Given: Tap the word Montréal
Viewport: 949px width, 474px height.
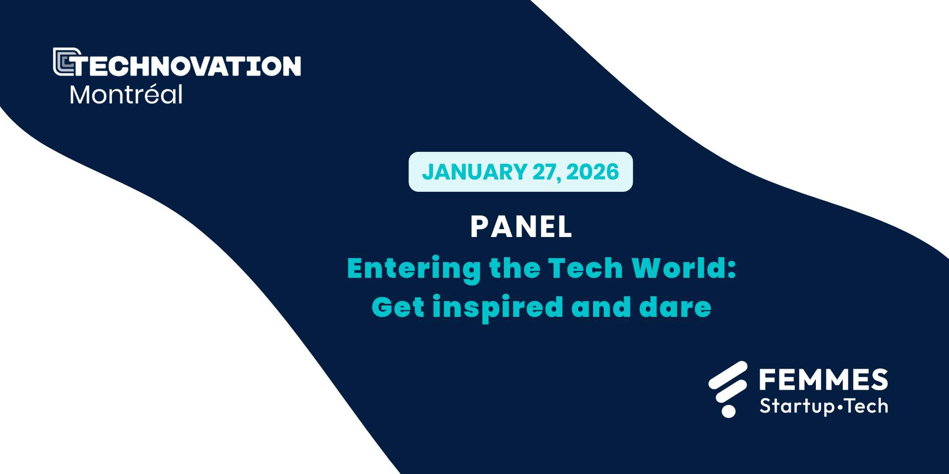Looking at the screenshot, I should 126,94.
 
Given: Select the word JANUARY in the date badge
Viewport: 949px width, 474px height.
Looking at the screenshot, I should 474,172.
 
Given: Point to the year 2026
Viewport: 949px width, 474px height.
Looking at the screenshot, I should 592,172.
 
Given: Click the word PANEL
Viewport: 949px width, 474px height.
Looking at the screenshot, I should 521,227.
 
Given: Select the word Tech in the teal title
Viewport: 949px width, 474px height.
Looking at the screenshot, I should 586,268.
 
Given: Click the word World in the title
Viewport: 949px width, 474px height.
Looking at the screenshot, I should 678,268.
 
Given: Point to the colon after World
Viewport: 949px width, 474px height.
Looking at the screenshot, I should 732,269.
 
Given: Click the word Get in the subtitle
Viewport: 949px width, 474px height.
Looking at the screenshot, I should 398,307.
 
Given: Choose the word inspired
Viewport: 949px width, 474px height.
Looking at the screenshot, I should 497,308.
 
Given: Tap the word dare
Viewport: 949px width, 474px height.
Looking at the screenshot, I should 675,307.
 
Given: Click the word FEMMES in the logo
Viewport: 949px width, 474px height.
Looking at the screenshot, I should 823,380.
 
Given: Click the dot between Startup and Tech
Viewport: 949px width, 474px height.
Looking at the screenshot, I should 840,407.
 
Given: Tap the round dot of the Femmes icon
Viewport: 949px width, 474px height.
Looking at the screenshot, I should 728,411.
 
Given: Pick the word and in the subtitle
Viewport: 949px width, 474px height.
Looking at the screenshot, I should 601,307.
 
